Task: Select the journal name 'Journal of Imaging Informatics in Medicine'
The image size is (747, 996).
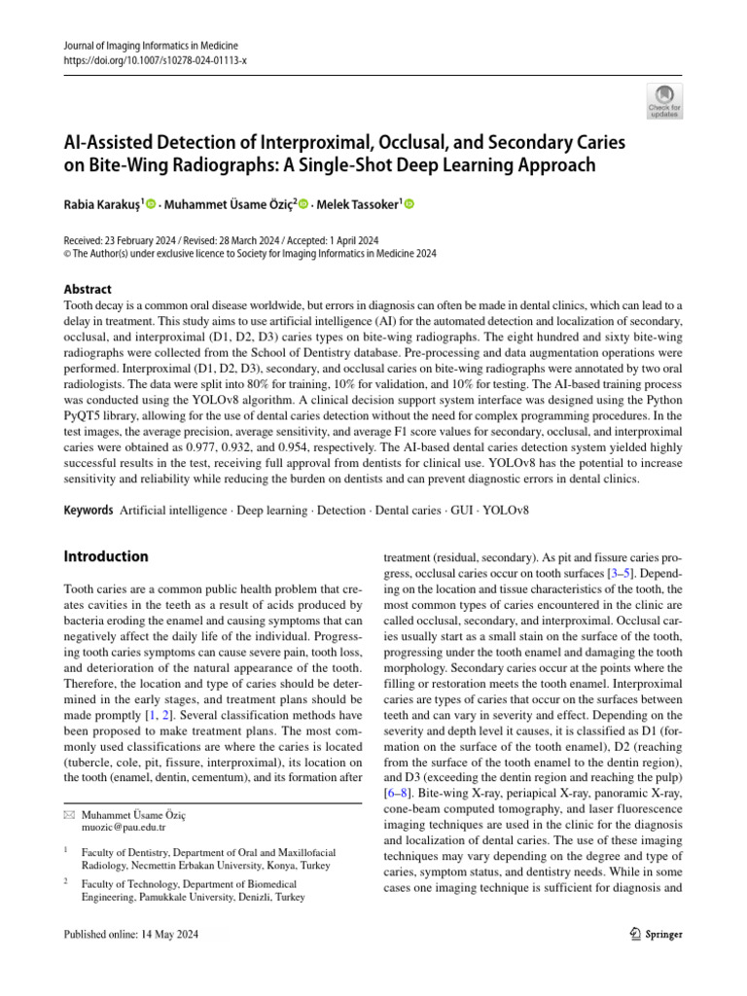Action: pos(151,46)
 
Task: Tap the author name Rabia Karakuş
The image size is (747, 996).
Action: pos(101,204)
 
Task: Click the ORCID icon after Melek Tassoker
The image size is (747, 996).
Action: pos(409,204)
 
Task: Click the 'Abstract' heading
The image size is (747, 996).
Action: pos(87,289)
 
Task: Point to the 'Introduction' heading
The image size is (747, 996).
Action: pos(106,556)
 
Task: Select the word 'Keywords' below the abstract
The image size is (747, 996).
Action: pos(87,510)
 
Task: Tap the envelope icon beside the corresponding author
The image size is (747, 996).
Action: pos(67,813)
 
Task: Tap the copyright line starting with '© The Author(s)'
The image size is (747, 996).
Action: pos(250,253)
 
